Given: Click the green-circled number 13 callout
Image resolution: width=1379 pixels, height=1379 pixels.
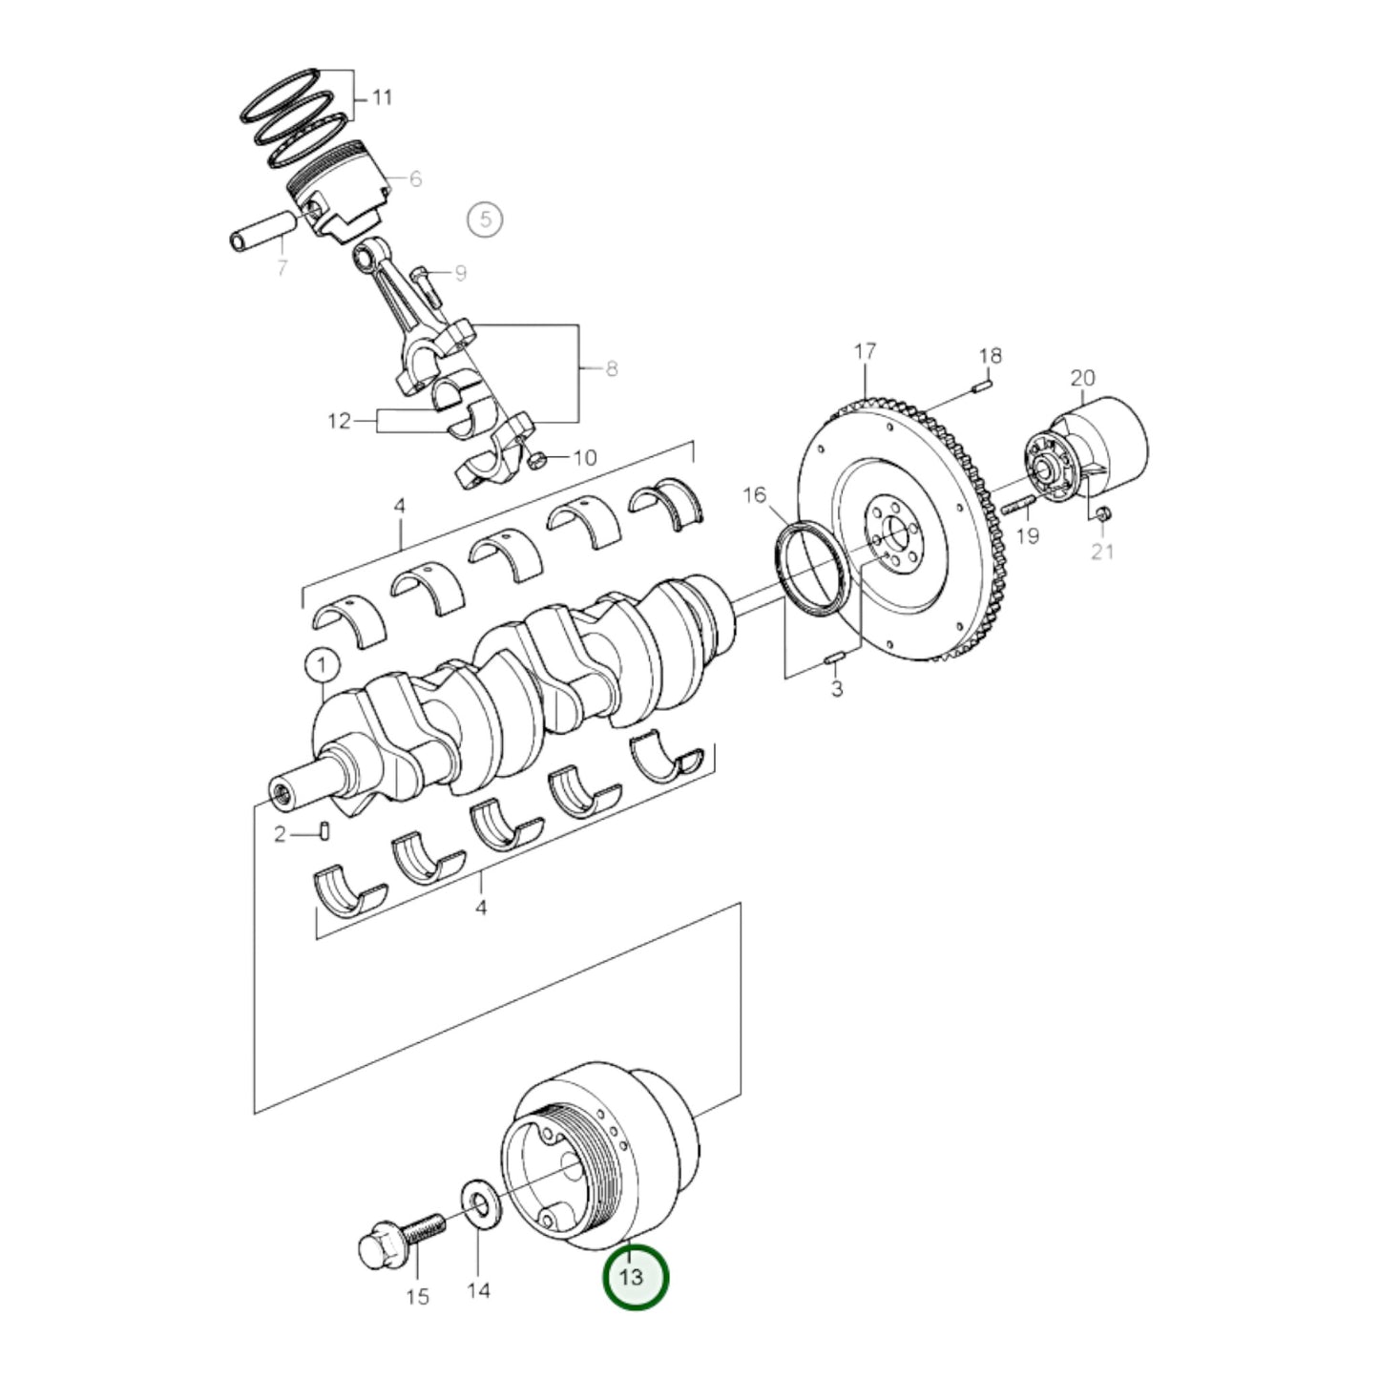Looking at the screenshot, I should [635, 1277].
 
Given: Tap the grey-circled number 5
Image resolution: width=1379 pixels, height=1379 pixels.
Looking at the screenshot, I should [485, 220].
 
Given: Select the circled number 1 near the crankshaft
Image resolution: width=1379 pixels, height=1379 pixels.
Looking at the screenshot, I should [322, 664].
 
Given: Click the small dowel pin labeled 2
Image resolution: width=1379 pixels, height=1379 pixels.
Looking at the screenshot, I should [324, 832].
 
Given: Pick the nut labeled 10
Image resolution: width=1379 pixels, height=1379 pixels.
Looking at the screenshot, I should [536, 460].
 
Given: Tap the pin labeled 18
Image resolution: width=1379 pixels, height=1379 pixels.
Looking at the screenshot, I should [984, 386].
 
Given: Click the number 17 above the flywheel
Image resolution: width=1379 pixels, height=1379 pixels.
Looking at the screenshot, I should [865, 352].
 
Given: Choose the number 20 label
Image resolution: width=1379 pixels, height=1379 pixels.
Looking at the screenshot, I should [1082, 378].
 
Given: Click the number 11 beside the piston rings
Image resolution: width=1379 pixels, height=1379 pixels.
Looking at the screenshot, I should [381, 97].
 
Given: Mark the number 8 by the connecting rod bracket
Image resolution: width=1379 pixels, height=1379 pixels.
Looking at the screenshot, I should [611, 368].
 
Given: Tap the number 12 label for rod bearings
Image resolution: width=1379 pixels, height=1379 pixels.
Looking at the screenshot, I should [339, 421].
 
